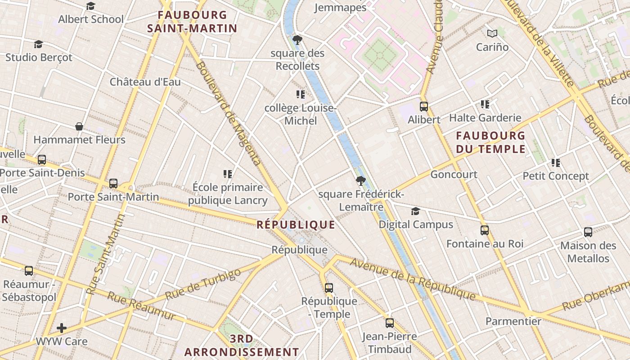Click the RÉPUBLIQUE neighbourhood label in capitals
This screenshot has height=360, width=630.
point(296,225)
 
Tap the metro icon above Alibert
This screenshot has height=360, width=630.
point(423,107)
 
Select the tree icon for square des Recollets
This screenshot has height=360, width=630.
point(297,40)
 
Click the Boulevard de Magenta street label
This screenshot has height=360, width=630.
point(228,113)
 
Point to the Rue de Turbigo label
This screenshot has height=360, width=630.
point(203,285)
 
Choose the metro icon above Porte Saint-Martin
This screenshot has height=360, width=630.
point(113,184)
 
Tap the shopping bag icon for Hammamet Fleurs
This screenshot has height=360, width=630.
point(79,126)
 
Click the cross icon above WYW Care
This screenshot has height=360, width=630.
point(62,328)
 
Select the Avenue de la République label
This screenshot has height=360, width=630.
point(413,279)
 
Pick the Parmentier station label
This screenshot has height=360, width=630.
point(513,321)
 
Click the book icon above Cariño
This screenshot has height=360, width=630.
point(492,33)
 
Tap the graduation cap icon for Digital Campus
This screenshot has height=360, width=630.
point(415,211)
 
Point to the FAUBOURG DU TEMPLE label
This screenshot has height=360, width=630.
point(490,142)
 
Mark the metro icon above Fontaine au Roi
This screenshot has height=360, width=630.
point(485,230)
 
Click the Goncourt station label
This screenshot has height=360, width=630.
point(454,174)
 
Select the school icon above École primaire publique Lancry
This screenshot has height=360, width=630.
point(227,174)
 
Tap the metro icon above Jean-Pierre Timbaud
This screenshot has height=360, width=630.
point(389,323)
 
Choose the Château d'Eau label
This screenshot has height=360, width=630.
point(145,82)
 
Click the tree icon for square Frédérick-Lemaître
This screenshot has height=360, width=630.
point(360,181)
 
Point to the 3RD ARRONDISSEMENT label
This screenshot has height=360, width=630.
point(241,345)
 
